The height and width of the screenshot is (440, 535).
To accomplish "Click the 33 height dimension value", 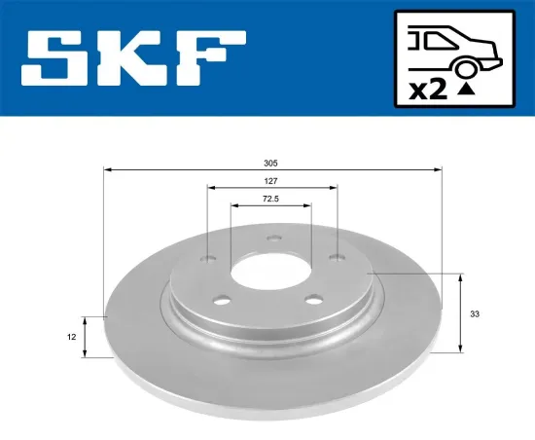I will (474, 314).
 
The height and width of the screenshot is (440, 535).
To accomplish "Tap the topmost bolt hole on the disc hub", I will (273, 235).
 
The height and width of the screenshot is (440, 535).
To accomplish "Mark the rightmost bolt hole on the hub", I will (336, 257).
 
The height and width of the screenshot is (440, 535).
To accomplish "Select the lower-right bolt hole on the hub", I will (313, 300).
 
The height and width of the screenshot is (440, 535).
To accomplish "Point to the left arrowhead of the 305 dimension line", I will (107, 170).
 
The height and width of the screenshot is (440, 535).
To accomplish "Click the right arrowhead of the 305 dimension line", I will (439, 170).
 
